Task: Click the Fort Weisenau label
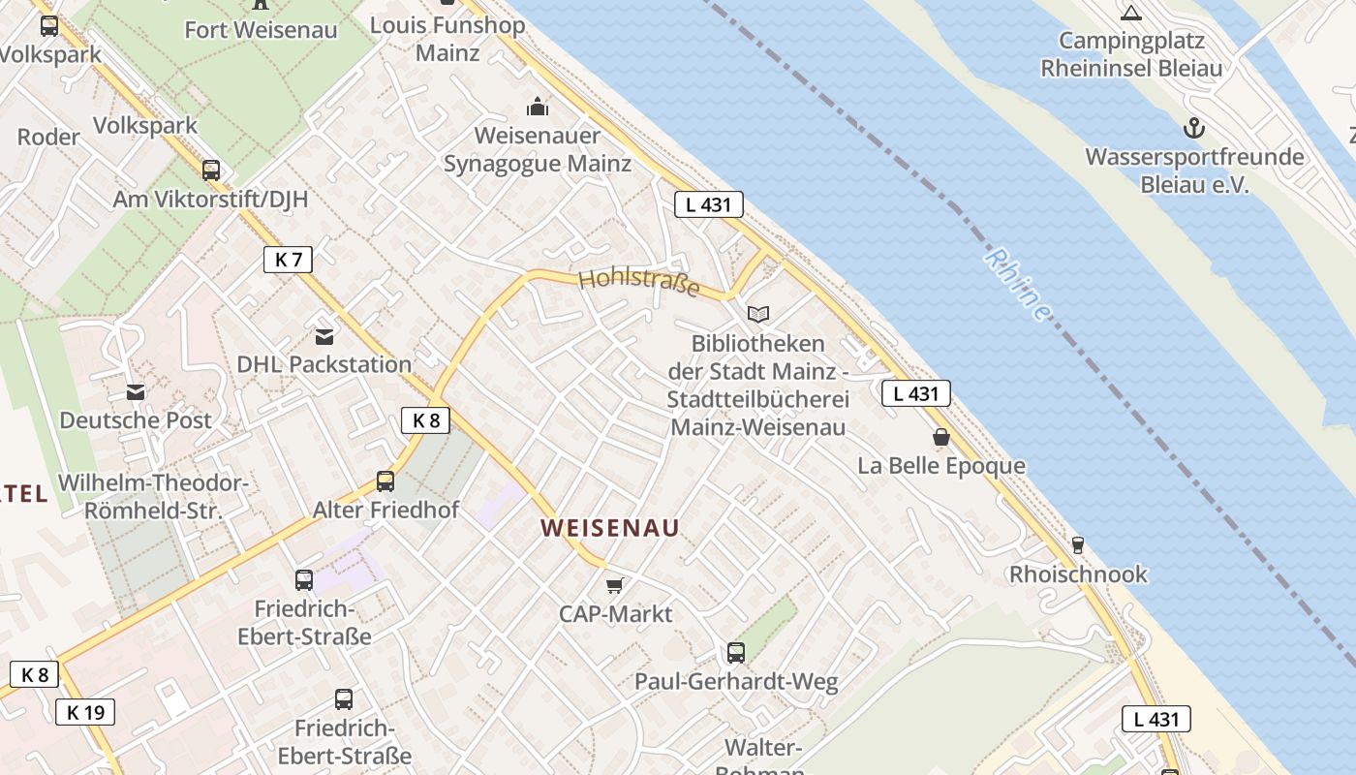261,30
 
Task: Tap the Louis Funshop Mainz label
447,38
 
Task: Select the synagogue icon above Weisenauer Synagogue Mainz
537,106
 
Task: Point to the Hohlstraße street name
639,284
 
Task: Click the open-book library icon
758,314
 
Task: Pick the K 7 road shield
288,259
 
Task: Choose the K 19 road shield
85,712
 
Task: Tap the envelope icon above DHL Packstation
324,336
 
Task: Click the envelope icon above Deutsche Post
136,392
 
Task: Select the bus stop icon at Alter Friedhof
385,480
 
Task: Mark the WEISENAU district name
609,528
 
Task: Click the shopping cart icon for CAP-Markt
615,585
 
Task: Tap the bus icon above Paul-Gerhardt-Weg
736,653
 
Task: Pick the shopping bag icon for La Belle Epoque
940,437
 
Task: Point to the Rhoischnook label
1078,574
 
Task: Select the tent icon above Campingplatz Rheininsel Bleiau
1130,13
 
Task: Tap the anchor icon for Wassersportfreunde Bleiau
1194,128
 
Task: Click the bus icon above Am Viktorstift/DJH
211,170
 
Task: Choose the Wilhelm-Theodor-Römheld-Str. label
154,497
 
